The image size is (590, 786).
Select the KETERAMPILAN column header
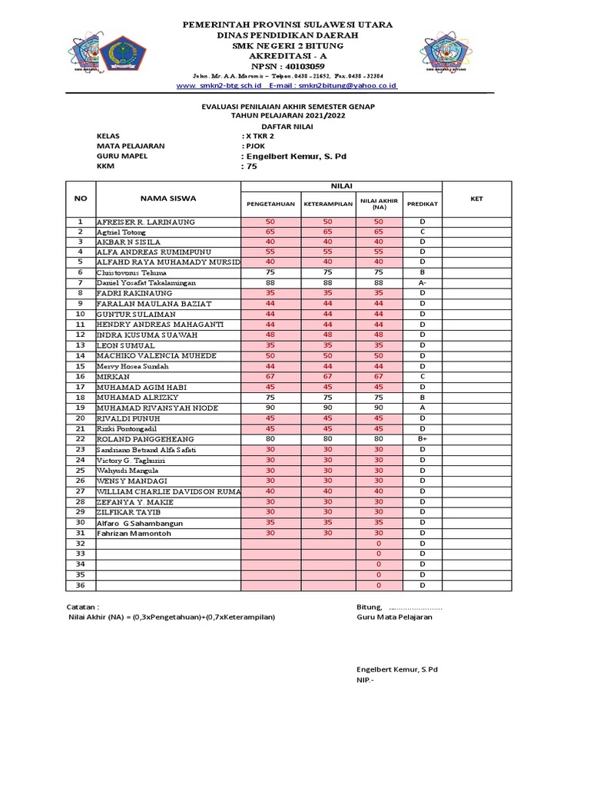[x=328, y=204]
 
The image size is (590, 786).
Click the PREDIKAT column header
[x=422, y=204]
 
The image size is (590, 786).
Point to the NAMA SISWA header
[x=168, y=198]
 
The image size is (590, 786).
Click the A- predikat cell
[x=422, y=283]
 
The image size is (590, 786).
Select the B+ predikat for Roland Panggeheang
[x=422, y=439]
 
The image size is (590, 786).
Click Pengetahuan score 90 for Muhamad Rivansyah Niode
[x=270, y=408]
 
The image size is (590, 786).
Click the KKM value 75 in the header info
[x=251, y=166]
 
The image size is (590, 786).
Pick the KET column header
[x=476, y=198]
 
